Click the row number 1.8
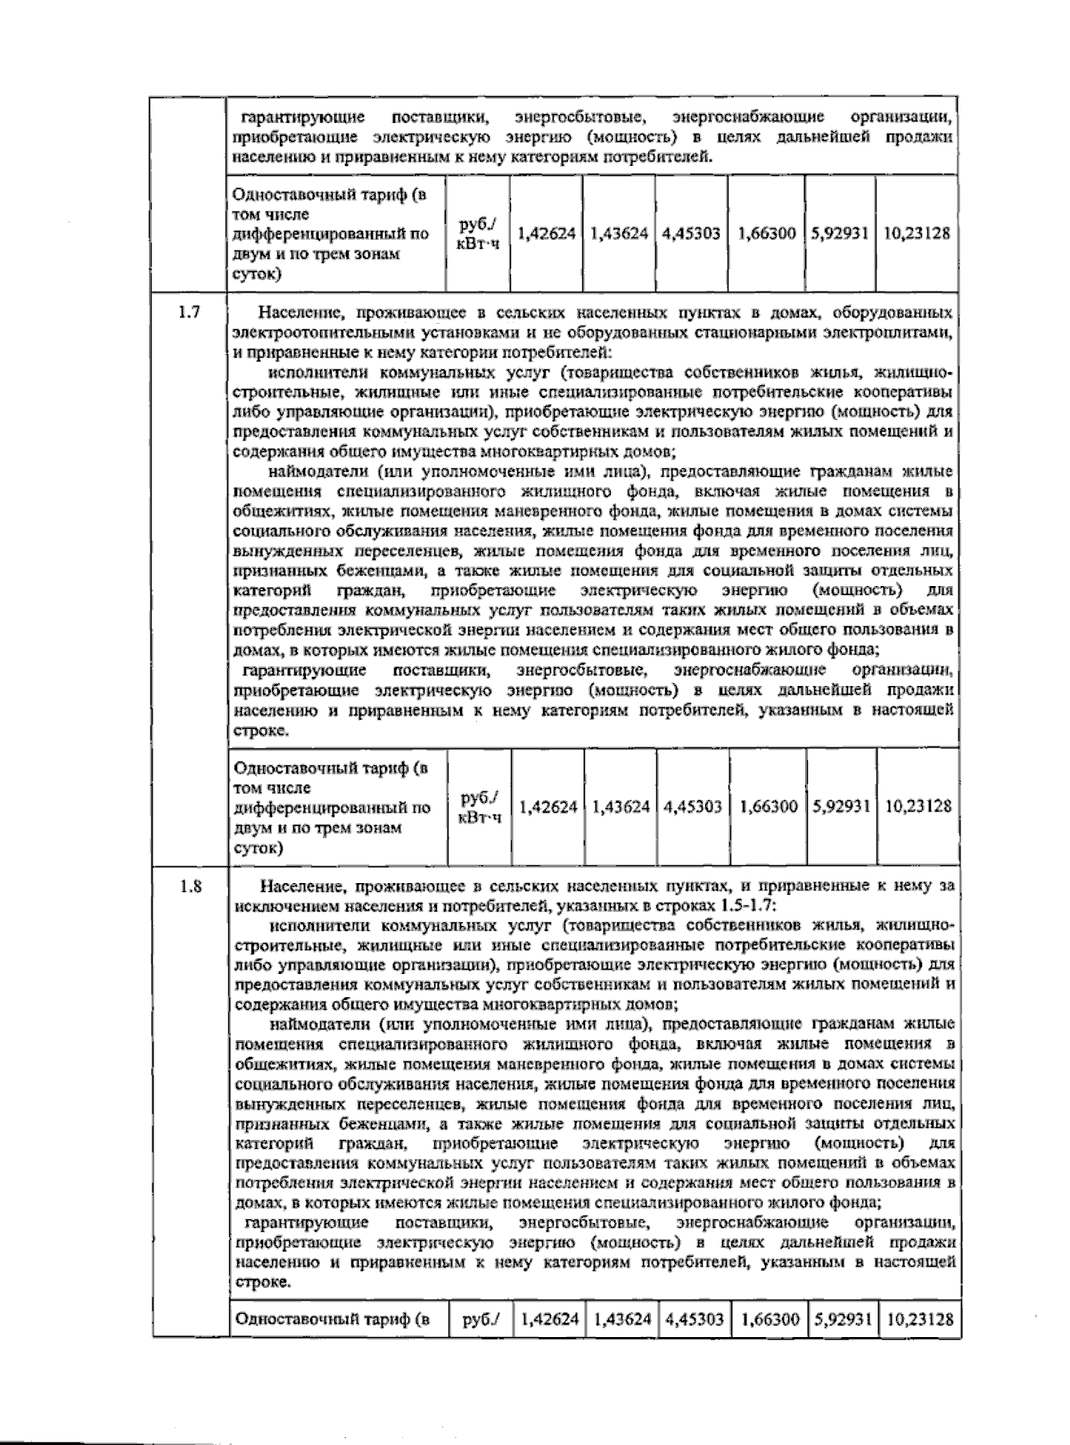tap(190, 887)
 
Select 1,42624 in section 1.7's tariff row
tap(547, 806)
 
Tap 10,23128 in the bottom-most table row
tap(918, 1318)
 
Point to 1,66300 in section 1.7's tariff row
tap(768, 806)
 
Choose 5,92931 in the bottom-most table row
tap(842, 1318)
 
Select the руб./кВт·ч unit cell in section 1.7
tap(479, 806)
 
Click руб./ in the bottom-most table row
tap(481, 1318)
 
